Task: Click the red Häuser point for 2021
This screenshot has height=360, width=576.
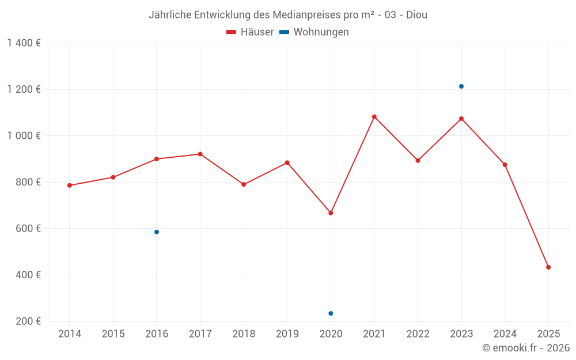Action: pyautogui.click(x=374, y=117)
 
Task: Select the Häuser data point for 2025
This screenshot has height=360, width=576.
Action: pyautogui.click(x=548, y=267)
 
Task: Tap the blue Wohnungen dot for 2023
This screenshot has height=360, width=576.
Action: pyautogui.click(x=461, y=86)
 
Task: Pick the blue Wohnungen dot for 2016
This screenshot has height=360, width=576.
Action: pyautogui.click(x=157, y=232)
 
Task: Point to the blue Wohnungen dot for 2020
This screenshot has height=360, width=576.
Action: pyautogui.click(x=331, y=313)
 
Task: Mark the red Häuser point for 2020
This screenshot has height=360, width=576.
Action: pyautogui.click(x=331, y=213)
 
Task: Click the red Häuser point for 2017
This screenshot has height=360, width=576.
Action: pyautogui.click(x=200, y=154)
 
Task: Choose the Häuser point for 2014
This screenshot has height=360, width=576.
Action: pyautogui.click(x=70, y=185)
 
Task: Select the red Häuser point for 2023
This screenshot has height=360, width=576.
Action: pyautogui.click(x=461, y=119)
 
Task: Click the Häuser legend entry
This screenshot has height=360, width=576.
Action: pyautogui.click(x=251, y=32)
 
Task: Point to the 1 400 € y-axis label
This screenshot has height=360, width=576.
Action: pyautogui.click(x=24, y=43)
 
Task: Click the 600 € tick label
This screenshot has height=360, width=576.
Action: pyautogui.click(x=28, y=229)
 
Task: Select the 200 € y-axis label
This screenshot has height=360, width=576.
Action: pyautogui.click(x=28, y=321)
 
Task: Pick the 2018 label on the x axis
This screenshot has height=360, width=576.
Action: pyautogui.click(x=244, y=334)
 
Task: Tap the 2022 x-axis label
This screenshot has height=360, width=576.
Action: pyautogui.click(x=418, y=334)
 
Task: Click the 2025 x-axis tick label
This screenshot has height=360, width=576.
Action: pyautogui.click(x=548, y=334)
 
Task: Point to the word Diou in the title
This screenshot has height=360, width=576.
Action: pyautogui.click(x=416, y=14)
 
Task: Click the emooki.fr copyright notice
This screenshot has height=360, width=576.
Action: pyautogui.click(x=525, y=348)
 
